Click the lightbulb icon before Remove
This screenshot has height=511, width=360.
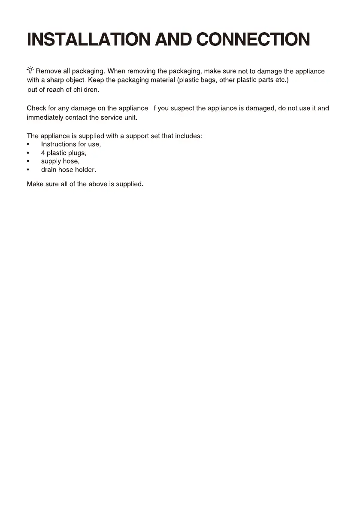click(30, 70)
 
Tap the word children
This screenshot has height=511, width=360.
click(86, 90)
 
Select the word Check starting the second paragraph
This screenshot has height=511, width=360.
click(36, 109)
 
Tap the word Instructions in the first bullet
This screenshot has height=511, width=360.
click(58, 145)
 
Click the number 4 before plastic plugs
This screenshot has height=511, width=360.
click(43, 153)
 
